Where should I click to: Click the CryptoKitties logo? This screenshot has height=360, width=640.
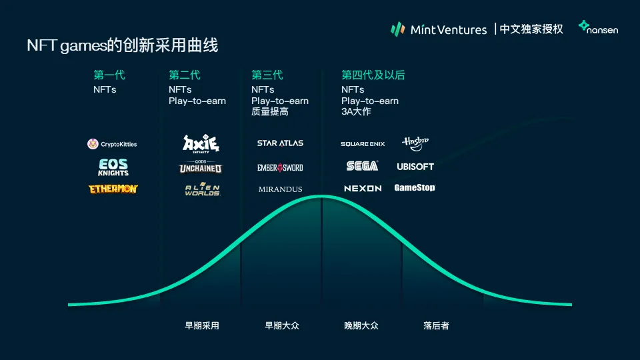[112, 144]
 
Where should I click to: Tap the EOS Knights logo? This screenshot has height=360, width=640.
[113, 167]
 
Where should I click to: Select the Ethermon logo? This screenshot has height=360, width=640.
[113, 189]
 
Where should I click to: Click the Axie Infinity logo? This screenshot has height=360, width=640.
[201, 143]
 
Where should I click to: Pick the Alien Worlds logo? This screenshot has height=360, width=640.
[202, 189]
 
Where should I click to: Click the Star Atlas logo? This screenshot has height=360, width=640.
[280, 143]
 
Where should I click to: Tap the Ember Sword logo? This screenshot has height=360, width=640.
[280, 167]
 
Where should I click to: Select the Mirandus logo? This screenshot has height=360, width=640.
[280, 189]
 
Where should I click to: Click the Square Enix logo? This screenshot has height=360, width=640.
[363, 144]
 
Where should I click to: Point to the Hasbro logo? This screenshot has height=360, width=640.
[415, 143]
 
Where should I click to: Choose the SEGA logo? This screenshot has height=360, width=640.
[362, 166]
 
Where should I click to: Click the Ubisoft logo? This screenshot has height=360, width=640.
[415, 167]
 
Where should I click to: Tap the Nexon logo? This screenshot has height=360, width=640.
[363, 189]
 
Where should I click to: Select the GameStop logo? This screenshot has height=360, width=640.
[415, 188]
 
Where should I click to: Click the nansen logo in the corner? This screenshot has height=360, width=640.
[598, 28]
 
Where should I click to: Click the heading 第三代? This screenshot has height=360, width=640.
[267, 75]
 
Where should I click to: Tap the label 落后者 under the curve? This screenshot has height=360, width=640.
[436, 326]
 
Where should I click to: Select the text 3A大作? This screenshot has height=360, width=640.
[356, 111]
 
